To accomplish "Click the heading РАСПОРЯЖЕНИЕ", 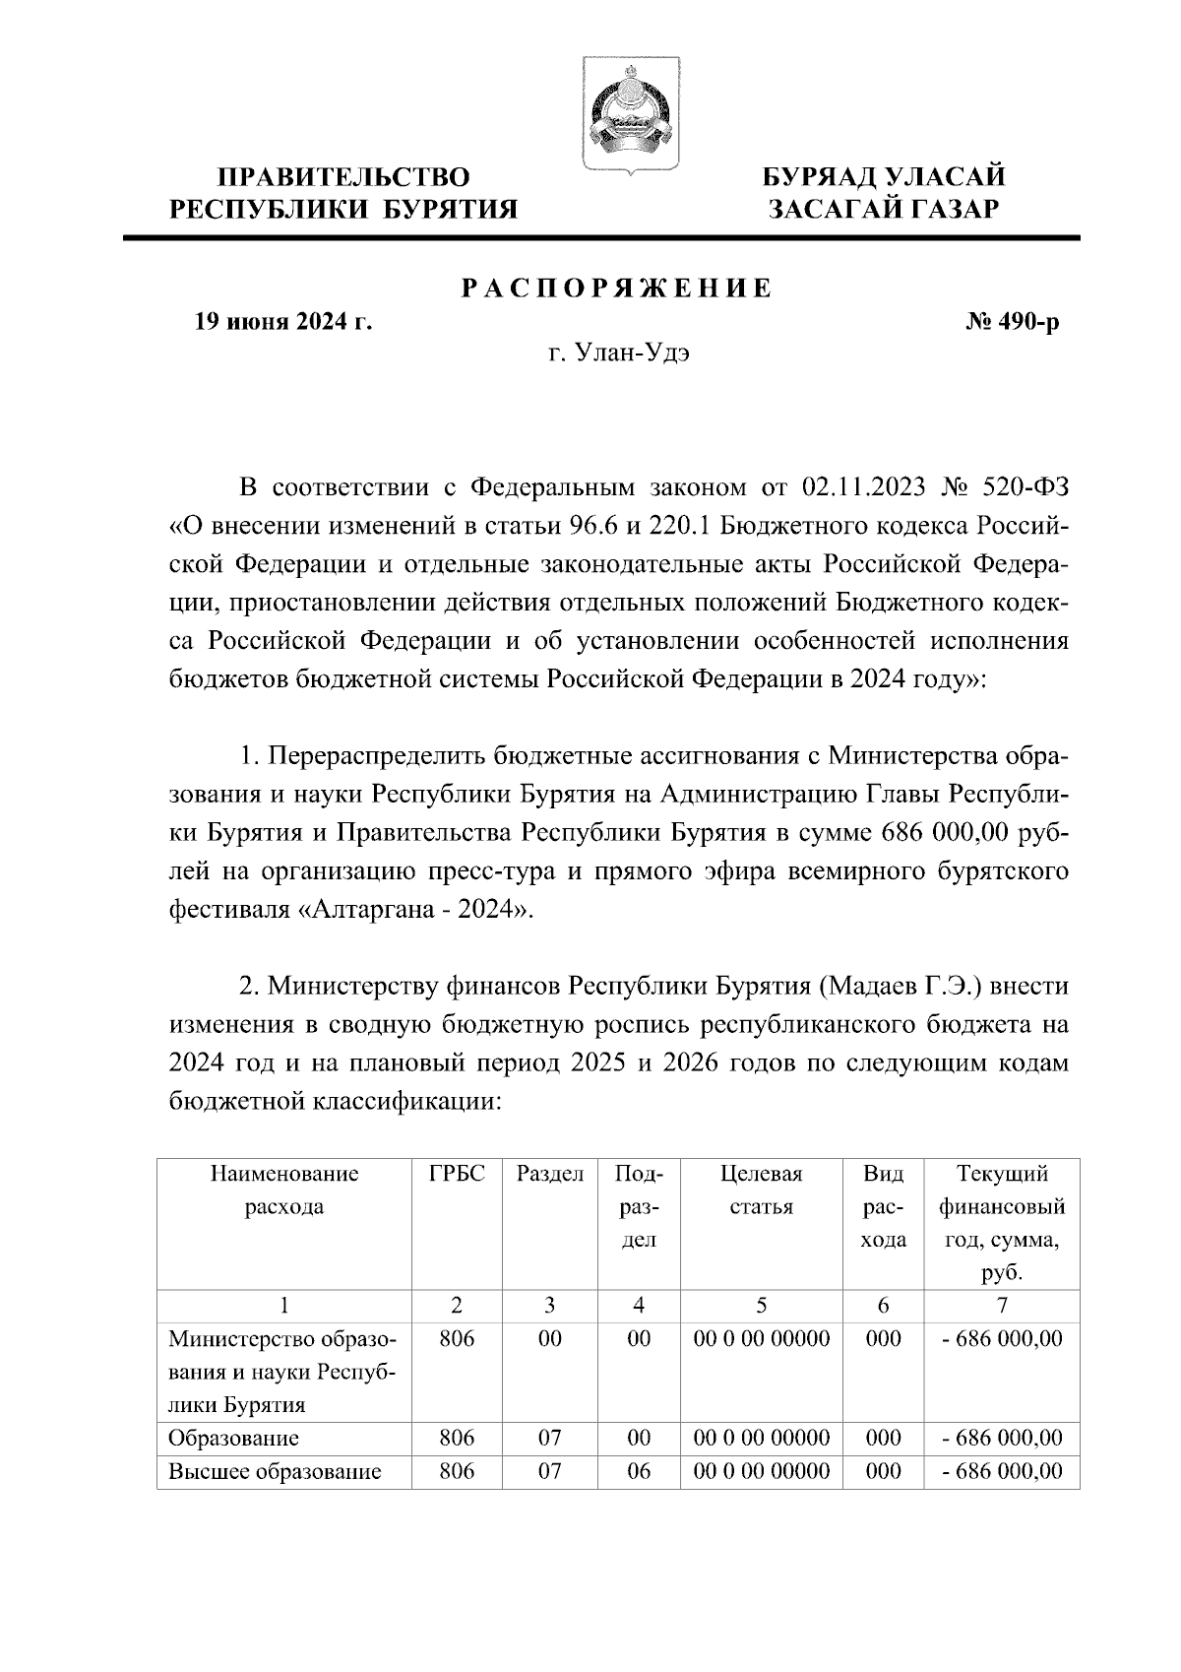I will click(617, 289).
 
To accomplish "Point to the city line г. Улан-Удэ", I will click(618, 354).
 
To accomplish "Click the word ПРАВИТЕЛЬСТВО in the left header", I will click(343, 177).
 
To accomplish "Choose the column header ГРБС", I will click(457, 1174).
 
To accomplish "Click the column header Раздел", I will click(550, 1174).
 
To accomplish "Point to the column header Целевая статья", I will click(762, 1190).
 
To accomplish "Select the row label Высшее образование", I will click(275, 1472).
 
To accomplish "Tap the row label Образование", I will click(233, 1439).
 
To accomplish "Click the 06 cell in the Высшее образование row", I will click(640, 1472).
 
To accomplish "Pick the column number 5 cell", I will click(762, 1306).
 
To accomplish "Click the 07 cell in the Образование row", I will click(550, 1439).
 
